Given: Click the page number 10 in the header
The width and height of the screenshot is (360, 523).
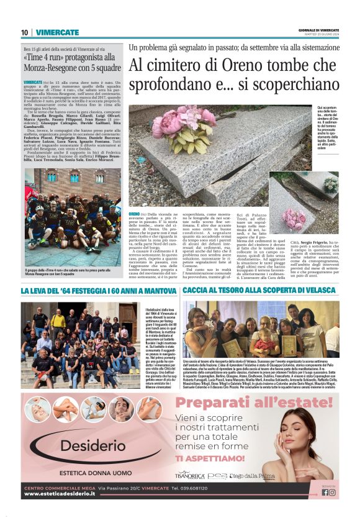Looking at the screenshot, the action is click(x=25, y=32).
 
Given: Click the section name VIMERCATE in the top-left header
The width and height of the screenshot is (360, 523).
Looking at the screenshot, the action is click(x=57, y=32).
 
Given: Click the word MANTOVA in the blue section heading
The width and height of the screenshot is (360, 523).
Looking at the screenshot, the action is click(x=158, y=291).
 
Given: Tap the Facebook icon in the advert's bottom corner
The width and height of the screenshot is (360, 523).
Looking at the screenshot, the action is click(x=325, y=493).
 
